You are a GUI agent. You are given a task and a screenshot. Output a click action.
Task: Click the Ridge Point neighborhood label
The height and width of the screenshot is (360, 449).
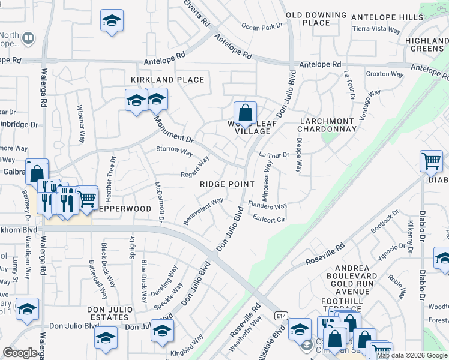point(228,184)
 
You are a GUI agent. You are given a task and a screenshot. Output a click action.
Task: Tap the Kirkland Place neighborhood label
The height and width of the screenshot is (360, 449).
point(160,79)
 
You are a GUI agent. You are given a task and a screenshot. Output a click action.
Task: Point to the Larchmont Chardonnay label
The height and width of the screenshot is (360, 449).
point(328,124)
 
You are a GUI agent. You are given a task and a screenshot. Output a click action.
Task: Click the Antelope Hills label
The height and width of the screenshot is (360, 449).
point(387,17)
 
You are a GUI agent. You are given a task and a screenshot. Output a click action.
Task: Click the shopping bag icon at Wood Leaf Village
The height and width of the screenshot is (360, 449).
point(245,112)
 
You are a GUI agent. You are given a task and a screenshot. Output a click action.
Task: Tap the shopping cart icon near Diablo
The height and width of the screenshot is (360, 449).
point(431,161)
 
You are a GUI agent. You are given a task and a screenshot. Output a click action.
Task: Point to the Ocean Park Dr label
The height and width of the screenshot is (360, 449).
point(262,26)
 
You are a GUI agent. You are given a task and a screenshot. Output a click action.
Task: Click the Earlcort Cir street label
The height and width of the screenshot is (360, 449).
point(269,218)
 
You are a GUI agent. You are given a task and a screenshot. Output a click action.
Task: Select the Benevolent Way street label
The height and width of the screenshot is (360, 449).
point(203,212)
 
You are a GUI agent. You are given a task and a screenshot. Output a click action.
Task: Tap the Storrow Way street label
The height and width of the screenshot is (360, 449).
point(174,150)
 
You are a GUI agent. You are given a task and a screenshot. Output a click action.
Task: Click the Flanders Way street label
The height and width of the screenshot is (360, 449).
point(267,205)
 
